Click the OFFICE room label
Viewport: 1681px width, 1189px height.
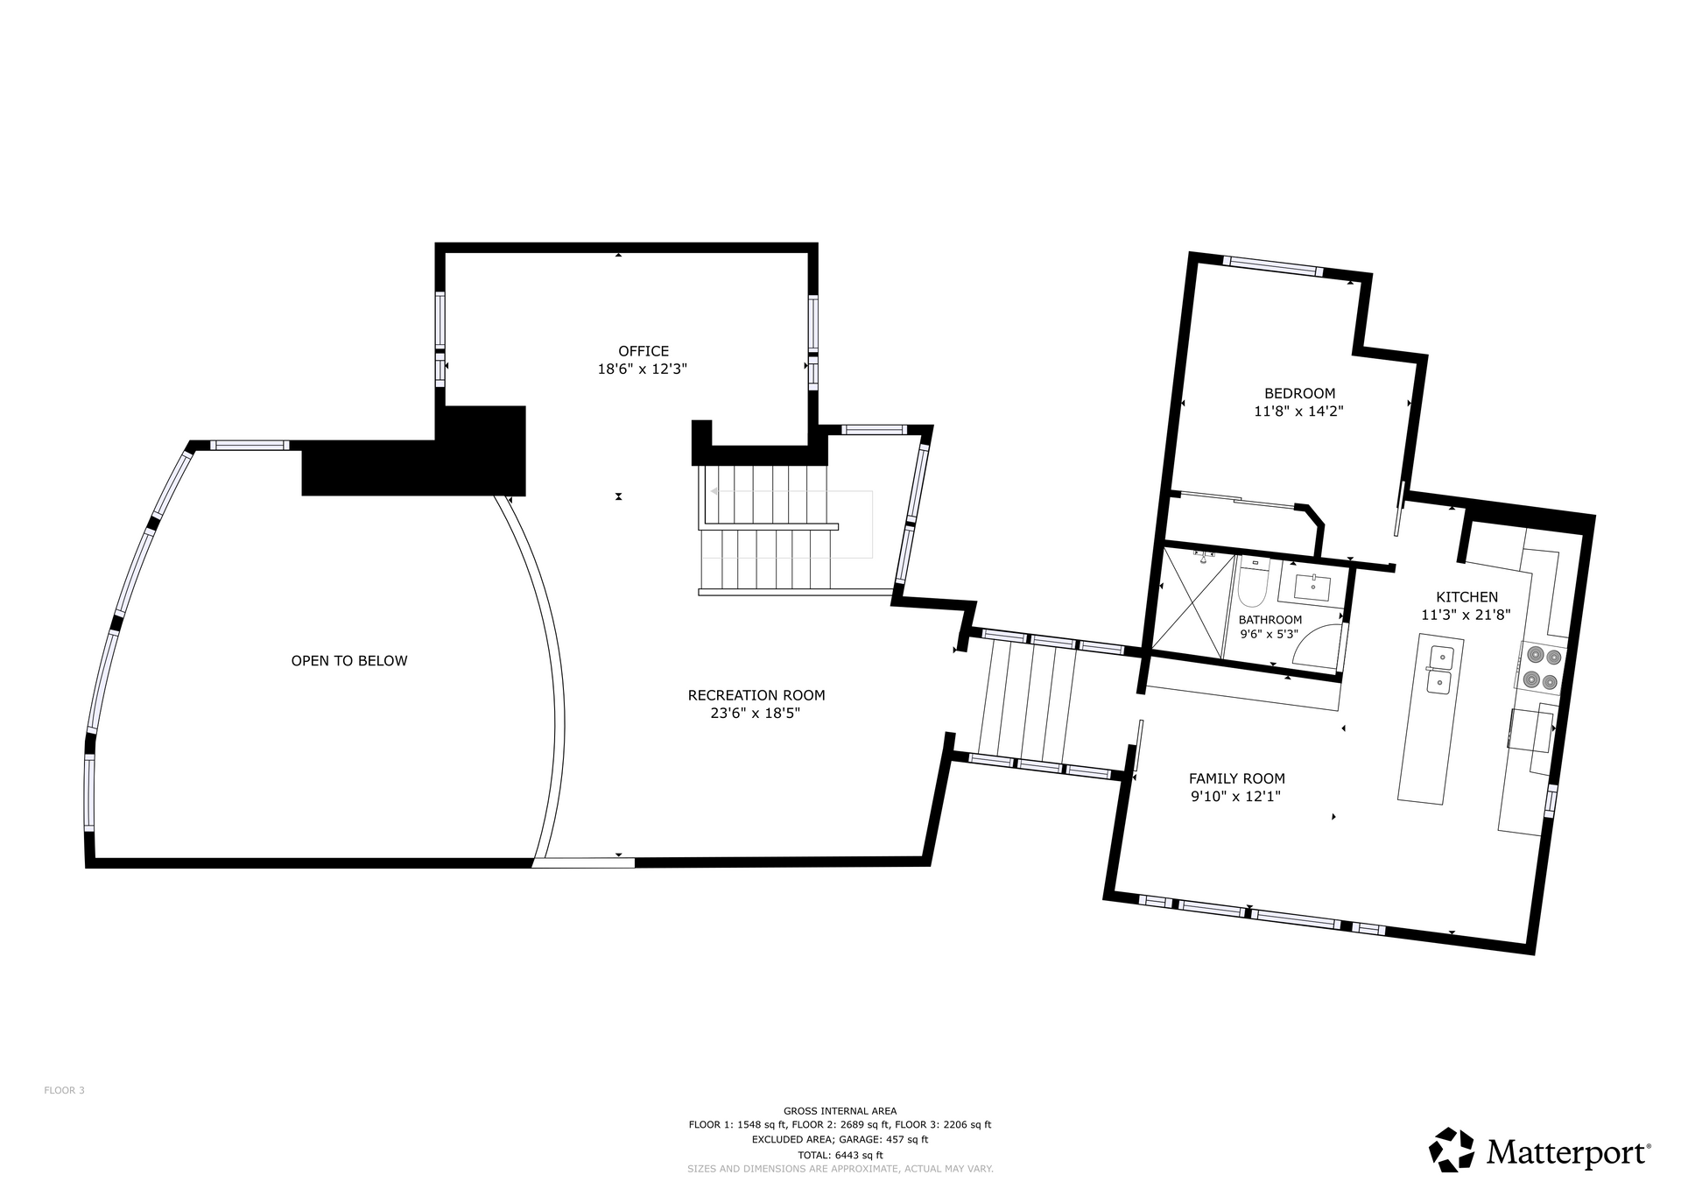(644, 351)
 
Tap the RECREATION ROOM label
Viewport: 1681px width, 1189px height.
(756, 695)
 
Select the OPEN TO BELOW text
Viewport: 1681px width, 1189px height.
(349, 660)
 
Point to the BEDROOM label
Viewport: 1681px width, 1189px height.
(1299, 393)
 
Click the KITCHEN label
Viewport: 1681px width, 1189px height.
(1466, 597)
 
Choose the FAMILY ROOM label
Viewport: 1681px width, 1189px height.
(1236, 778)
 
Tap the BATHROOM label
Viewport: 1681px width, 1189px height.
(1270, 620)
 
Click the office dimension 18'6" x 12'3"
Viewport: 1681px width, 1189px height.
(642, 369)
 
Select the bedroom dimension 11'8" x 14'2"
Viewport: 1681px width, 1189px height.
(1298, 411)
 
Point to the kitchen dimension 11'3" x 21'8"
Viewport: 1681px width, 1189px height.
(1466, 615)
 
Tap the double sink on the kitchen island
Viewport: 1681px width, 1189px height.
(1440, 669)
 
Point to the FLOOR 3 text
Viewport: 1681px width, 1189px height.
(64, 1090)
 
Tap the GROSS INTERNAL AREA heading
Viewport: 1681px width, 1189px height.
(840, 1111)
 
